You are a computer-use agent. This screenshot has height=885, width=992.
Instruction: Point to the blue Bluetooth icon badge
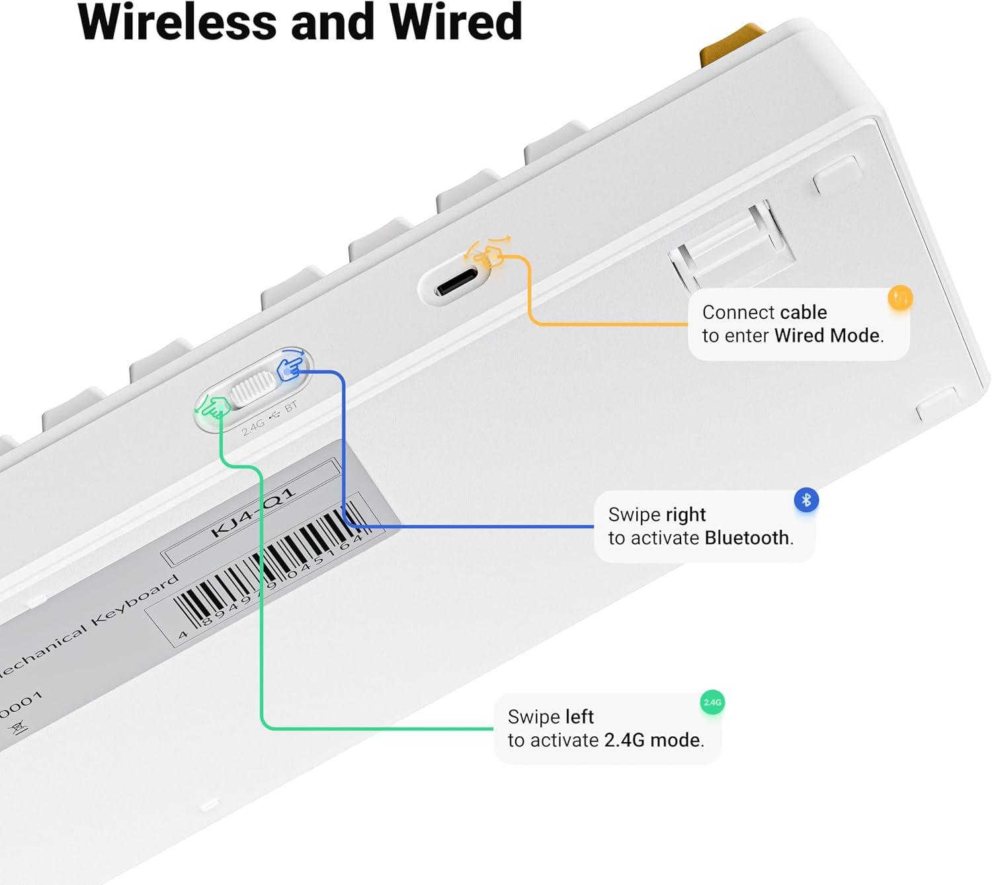tap(806, 500)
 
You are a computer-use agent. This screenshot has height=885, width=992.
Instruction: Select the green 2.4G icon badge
tap(712, 702)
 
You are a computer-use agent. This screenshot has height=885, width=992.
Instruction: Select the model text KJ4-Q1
tap(252, 513)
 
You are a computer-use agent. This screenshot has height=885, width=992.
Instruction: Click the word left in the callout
tap(579, 716)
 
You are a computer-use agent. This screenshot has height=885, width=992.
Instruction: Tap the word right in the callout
tap(686, 515)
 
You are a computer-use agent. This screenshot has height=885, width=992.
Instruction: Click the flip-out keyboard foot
tap(727, 245)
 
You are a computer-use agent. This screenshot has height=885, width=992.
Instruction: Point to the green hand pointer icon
tap(213, 405)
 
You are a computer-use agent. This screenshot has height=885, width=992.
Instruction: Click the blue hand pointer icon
tap(292, 366)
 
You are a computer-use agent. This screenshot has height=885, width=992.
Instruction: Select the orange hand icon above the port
tap(488, 253)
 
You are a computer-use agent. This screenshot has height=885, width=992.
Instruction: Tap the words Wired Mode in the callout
tap(827, 336)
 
